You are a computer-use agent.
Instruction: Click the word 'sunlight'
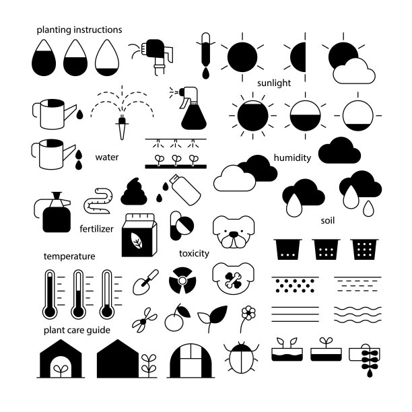click(x=274, y=83)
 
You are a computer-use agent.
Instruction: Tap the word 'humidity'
click(x=292, y=158)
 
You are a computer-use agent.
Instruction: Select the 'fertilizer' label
click(x=96, y=229)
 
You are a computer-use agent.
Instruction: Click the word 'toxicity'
click(x=194, y=253)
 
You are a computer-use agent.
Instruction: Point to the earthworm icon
click(x=98, y=201)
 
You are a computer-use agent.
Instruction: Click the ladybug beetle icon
click(x=241, y=357)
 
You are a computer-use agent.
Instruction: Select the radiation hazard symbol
click(x=182, y=280)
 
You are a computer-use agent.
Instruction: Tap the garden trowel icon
click(x=145, y=282)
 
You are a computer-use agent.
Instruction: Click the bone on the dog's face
click(x=233, y=280)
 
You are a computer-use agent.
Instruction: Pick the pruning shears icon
click(x=144, y=320)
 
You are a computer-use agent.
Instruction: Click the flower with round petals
click(x=248, y=313)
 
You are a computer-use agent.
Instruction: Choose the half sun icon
click(x=298, y=57)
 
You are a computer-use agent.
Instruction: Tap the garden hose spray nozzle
click(x=155, y=55)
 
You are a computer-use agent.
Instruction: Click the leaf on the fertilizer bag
click(x=137, y=240)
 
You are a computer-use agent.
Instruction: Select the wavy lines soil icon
click(x=357, y=314)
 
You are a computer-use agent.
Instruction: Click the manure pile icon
click(x=134, y=192)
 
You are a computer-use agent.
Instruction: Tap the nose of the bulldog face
click(x=233, y=234)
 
